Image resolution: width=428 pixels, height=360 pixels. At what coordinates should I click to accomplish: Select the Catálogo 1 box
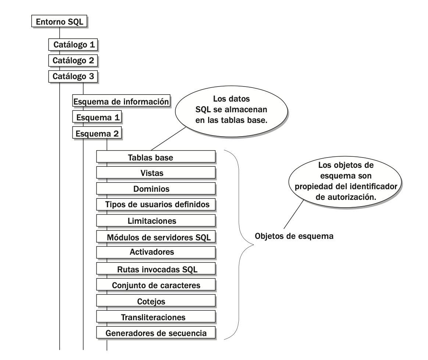(x=74, y=45)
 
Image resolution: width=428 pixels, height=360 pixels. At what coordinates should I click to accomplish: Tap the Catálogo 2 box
(x=74, y=61)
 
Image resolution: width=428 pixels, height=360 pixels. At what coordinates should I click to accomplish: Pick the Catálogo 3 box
(x=74, y=77)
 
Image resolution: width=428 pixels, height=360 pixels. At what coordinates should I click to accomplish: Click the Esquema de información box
(x=122, y=101)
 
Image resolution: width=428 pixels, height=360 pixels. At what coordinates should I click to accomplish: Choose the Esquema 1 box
(x=97, y=117)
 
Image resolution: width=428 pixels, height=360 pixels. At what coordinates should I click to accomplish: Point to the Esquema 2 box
(x=97, y=133)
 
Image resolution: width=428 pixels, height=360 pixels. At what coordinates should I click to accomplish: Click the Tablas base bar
(x=156, y=157)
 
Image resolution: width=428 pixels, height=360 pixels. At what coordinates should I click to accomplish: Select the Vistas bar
(x=156, y=173)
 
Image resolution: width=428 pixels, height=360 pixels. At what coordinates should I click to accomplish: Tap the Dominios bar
(x=156, y=189)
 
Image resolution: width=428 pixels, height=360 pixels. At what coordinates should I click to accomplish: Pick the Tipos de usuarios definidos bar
(x=156, y=205)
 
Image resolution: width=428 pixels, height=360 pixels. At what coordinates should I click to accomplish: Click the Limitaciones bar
(x=156, y=221)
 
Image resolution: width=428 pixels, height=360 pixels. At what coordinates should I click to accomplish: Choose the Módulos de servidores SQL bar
(x=156, y=237)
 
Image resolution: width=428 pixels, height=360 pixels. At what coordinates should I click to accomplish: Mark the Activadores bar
(x=156, y=253)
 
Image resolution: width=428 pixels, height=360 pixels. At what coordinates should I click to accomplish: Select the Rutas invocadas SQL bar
(x=156, y=269)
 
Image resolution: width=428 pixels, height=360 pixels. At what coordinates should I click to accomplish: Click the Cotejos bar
(x=156, y=301)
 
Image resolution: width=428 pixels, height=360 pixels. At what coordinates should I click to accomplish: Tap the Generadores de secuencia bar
(x=156, y=333)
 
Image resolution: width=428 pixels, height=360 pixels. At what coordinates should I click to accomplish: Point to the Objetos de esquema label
(x=294, y=236)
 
